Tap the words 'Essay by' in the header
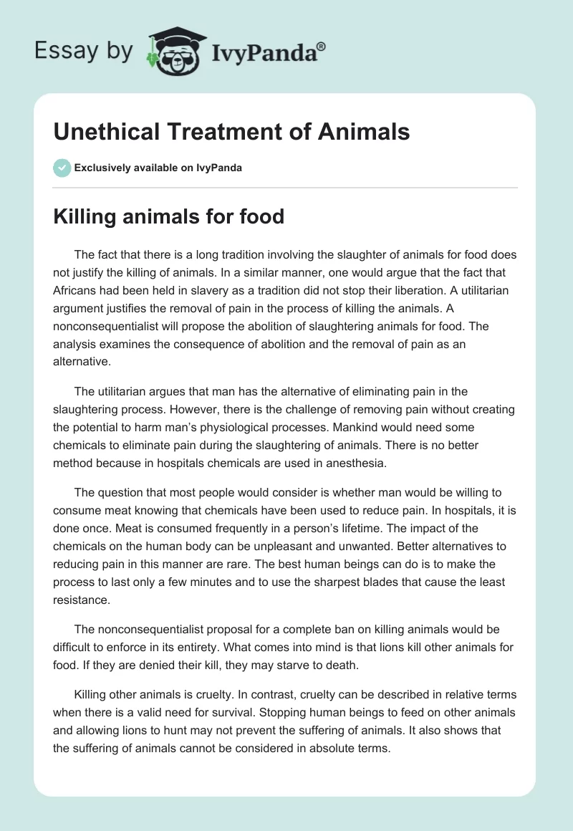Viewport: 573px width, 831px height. (85, 50)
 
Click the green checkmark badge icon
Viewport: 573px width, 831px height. (62, 168)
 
